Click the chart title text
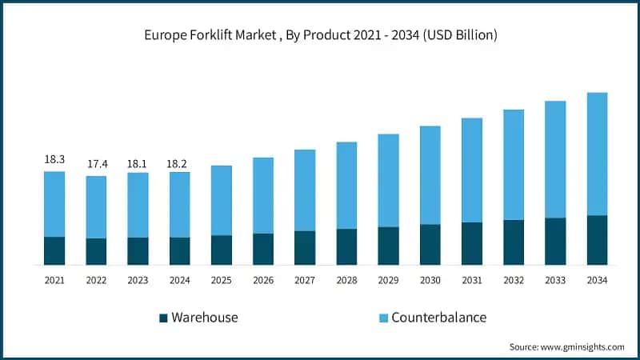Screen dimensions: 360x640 point(320,34)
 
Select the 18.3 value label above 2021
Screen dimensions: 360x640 point(54,159)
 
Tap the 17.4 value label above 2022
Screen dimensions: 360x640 point(96,164)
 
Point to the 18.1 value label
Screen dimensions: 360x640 point(138,164)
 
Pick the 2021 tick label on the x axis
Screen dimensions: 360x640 point(54,280)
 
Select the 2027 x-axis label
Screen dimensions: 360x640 point(305,280)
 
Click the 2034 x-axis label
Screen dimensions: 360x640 point(597,280)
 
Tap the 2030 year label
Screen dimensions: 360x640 point(430,280)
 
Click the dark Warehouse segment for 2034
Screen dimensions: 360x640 point(597,240)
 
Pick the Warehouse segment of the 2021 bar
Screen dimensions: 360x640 point(54,250)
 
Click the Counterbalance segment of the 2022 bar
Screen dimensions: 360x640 point(96,206)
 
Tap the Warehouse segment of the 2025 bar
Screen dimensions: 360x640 point(222,250)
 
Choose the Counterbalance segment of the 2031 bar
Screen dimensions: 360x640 point(472,170)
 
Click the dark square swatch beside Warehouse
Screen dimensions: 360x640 point(164,318)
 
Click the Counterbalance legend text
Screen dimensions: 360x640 point(438,318)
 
